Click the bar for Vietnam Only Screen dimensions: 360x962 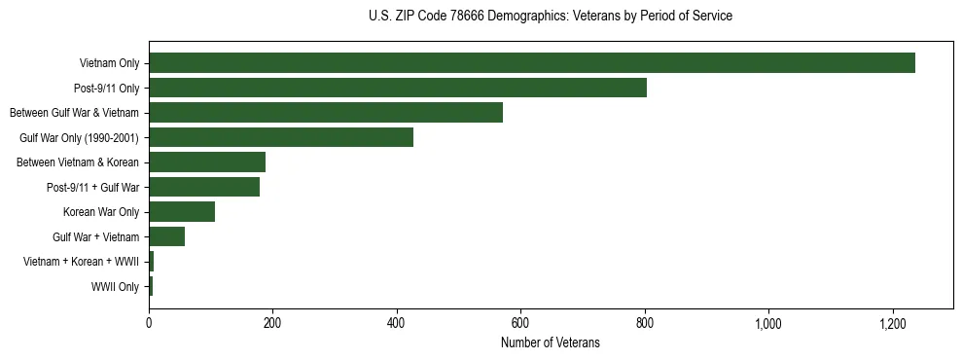click(x=531, y=63)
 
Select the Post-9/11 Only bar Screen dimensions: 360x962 click(x=397, y=88)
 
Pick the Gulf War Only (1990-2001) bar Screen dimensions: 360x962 click(x=281, y=137)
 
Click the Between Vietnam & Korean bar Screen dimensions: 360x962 click(x=207, y=162)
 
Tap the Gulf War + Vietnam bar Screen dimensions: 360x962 click(x=166, y=236)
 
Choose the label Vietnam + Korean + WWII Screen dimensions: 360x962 click(x=81, y=262)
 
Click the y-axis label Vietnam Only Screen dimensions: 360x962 click(x=109, y=64)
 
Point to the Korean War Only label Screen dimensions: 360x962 click(x=101, y=212)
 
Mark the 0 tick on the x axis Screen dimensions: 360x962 click(x=149, y=323)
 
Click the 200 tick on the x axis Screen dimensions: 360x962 click(x=272, y=323)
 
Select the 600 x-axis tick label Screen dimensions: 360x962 click(x=520, y=323)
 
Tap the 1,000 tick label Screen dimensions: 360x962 click(x=768, y=323)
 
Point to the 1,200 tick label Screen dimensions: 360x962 click(x=892, y=323)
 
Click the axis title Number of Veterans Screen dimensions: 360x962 click(x=550, y=343)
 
